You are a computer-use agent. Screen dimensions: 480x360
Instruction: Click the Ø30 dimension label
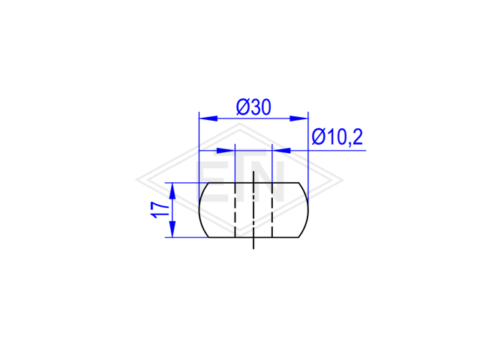253,107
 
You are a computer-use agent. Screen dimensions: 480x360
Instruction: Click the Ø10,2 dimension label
337,136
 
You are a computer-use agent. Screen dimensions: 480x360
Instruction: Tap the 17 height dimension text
160,210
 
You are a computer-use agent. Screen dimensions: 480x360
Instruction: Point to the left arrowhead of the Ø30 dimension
208,118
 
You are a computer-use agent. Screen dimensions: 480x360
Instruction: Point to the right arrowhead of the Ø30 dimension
299,118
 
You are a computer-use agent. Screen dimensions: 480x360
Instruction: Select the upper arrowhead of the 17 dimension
172,192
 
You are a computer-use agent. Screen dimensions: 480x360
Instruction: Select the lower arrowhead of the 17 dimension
172,228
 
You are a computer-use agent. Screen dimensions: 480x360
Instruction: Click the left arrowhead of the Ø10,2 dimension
226,151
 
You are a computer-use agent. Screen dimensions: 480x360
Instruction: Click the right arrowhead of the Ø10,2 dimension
281,151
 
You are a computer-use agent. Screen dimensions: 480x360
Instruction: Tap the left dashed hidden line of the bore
235,210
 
